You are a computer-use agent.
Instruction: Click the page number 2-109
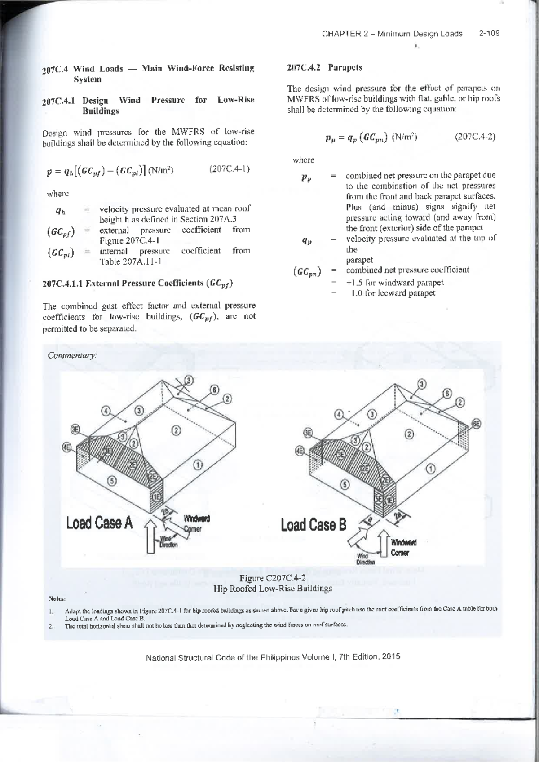click(x=489, y=34)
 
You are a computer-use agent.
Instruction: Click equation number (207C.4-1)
click(x=229, y=169)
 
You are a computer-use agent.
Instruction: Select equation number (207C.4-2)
click(x=475, y=137)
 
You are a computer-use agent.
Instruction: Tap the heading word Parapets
click(x=345, y=68)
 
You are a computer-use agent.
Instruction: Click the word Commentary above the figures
click(x=72, y=355)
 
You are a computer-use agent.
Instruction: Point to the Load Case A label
click(x=99, y=523)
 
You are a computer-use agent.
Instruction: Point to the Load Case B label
click(x=314, y=524)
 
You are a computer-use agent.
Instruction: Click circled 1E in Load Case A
click(x=156, y=497)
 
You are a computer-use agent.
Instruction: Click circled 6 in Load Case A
click(x=215, y=390)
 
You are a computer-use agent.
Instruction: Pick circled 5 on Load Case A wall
click(x=112, y=481)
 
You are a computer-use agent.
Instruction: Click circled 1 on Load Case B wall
click(x=431, y=469)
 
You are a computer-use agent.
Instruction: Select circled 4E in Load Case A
click(x=66, y=448)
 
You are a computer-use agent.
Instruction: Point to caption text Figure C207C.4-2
click(x=273, y=578)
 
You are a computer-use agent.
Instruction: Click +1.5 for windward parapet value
click(x=395, y=283)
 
